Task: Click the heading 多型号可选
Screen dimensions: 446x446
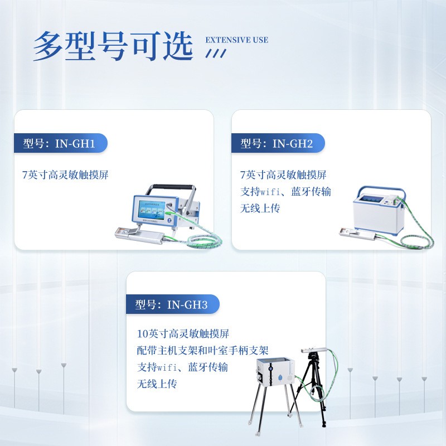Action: coord(112,46)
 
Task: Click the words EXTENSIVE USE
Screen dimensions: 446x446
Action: coord(237,40)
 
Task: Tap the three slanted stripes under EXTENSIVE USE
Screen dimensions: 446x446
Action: coord(216,53)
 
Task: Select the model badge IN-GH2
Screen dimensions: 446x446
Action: coord(278,144)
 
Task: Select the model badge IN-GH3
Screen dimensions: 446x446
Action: coord(172,305)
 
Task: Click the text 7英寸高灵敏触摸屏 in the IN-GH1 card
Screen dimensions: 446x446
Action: coord(65,175)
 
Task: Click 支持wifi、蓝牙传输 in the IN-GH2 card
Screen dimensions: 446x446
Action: coord(285,192)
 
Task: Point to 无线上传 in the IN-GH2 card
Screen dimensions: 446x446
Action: coord(260,209)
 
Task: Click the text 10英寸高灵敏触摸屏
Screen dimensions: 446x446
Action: coord(183,334)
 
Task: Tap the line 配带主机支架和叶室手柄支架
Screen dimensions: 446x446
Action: coord(203,351)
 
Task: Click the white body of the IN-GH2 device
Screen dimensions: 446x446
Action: coord(374,217)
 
